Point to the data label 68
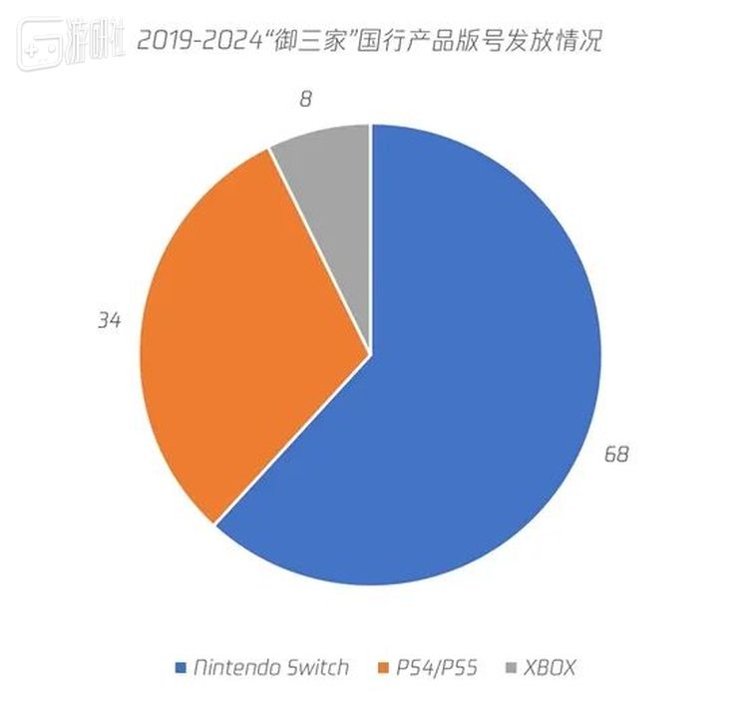click(615, 456)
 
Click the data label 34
click(109, 321)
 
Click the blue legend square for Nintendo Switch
click(181, 667)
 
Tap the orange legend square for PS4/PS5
click(385, 667)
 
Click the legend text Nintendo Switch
click(271, 667)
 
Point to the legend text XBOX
click(550, 667)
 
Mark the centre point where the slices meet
click(371, 354)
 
